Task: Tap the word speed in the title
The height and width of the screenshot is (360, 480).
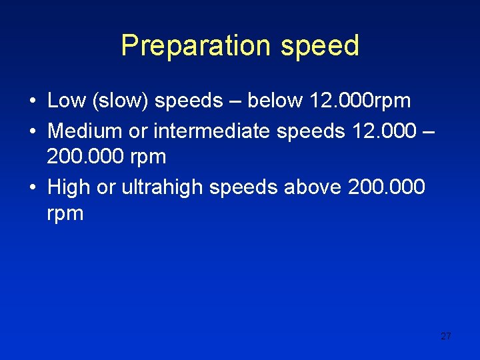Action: (320, 46)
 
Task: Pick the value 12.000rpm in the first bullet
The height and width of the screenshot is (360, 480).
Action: (360, 101)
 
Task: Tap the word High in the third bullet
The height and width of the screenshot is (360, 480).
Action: (69, 188)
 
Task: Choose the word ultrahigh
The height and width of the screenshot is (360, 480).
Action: (162, 188)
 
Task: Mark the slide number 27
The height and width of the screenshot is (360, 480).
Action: (446, 336)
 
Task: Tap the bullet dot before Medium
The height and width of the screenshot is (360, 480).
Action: (32, 131)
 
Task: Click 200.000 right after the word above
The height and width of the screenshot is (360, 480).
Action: (386, 187)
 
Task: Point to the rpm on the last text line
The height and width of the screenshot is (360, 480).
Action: (65, 215)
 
